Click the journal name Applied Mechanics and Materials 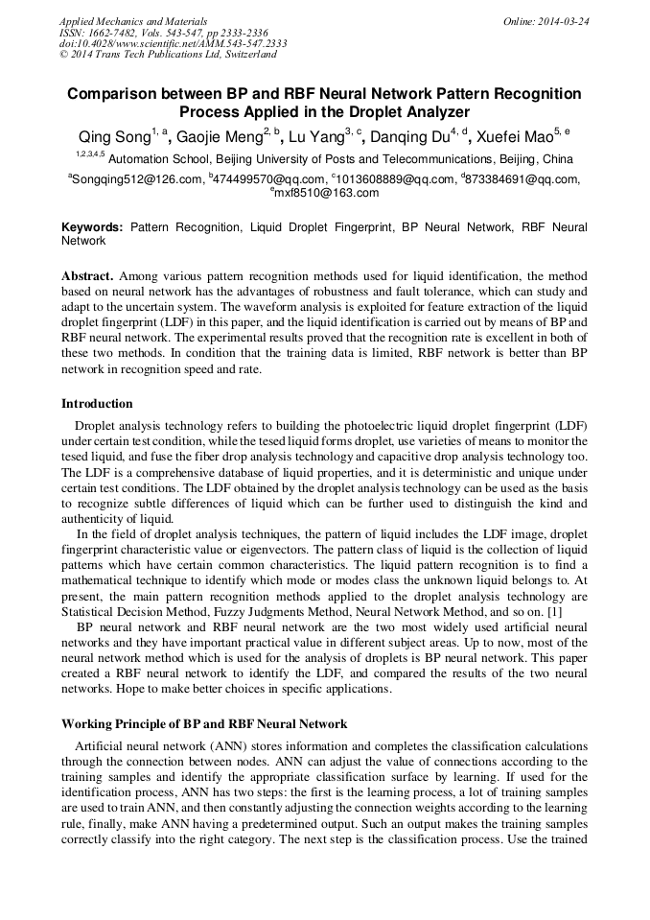[x=132, y=21]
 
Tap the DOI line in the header [x=173, y=44]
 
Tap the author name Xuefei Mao [x=522, y=134]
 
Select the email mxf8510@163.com [x=326, y=193]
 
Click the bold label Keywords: [x=92, y=228]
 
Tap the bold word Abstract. [x=88, y=274]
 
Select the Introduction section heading [x=97, y=403]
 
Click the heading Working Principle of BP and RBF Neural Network [x=204, y=723]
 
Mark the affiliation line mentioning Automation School [x=341, y=159]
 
